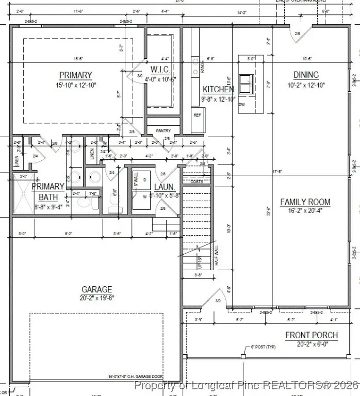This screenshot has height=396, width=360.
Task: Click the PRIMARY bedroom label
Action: pyautogui.click(x=75, y=75)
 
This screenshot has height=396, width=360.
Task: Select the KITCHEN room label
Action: pyautogui.click(x=218, y=89)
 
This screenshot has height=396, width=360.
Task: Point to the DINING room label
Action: pyautogui.click(x=306, y=75)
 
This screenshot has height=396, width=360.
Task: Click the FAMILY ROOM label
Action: pyautogui.click(x=305, y=202)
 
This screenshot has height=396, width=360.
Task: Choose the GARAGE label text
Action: pyautogui.click(x=96, y=289)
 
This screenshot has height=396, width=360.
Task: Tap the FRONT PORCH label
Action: pyautogui.click(x=312, y=335)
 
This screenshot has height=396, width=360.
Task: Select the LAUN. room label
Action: pyautogui.click(x=165, y=187)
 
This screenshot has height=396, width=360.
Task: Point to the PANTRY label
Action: pyautogui.click(x=163, y=131)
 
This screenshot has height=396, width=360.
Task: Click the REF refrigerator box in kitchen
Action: pyautogui.click(x=197, y=115)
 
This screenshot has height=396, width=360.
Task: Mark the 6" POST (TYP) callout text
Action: pyautogui.click(x=263, y=347)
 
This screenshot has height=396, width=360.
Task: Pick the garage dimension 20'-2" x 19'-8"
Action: pyautogui.click(x=96, y=298)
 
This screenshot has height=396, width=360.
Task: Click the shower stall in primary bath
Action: pyautogui.click(x=22, y=194)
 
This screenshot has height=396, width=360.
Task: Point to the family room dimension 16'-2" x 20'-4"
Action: pyautogui.click(x=305, y=210)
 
